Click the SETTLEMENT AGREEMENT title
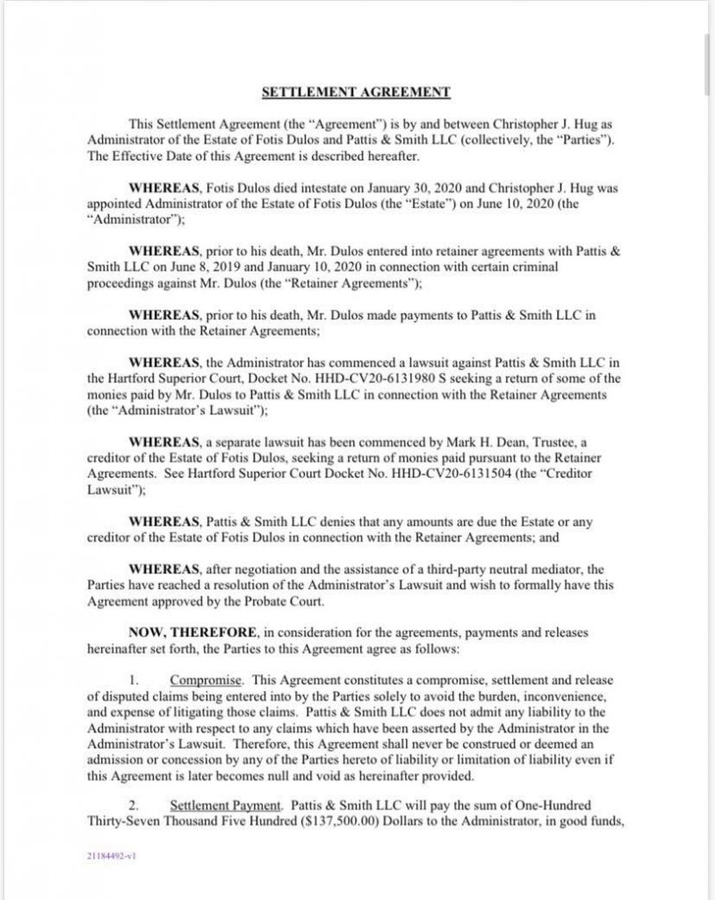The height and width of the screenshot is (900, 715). (x=357, y=90)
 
